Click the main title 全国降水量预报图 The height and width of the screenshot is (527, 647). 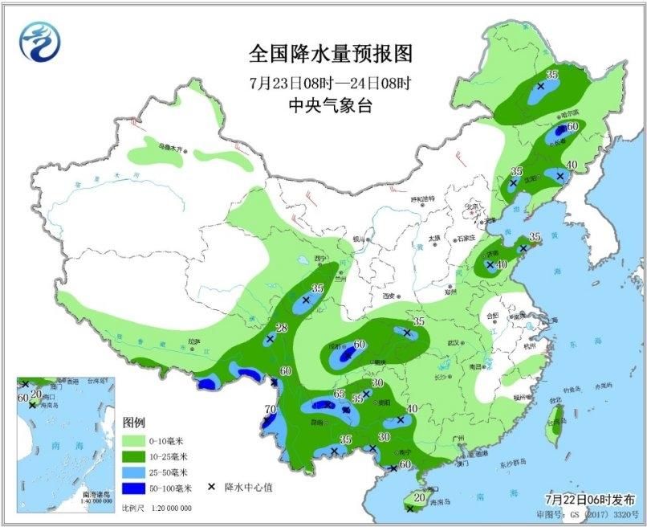(x=330, y=55)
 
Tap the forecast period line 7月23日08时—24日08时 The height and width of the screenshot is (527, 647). (x=330, y=84)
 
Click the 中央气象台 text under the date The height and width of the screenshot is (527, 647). (x=330, y=105)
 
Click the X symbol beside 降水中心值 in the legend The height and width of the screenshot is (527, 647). (x=211, y=487)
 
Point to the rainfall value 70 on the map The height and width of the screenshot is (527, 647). (x=270, y=410)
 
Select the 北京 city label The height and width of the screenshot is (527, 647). (x=473, y=206)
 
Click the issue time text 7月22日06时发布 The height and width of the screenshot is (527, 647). (x=593, y=499)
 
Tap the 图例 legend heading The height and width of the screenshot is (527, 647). (x=133, y=423)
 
